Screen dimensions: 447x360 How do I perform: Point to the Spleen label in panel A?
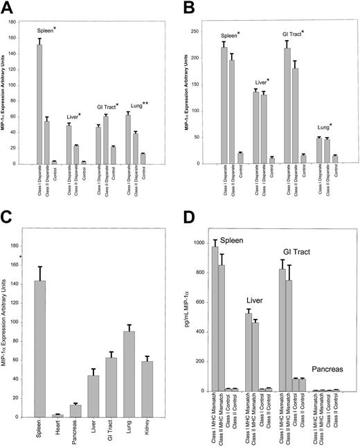click(38, 30)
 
